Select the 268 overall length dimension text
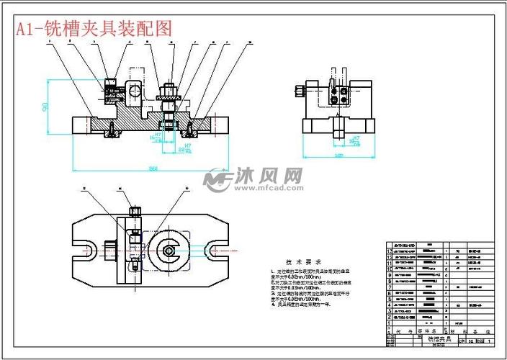coord(153,168)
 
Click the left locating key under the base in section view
coord(112,132)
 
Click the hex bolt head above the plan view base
coord(135,211)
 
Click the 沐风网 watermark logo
coord(253,179)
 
